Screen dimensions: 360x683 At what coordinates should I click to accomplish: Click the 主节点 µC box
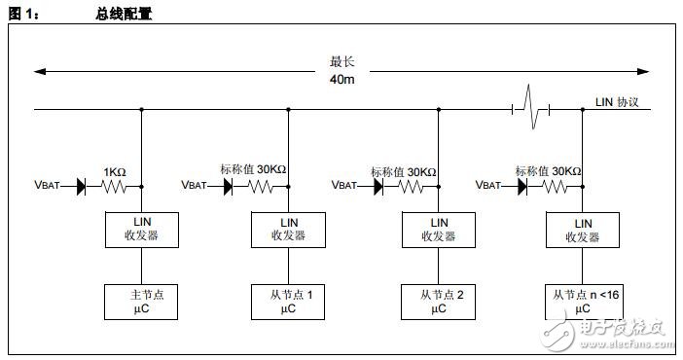(141, 300)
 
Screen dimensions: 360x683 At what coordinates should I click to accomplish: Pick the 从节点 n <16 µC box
(583, 300)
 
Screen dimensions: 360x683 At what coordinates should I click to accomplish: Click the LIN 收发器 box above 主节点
(141, 229)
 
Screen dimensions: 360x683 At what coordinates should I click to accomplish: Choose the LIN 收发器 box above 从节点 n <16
(583, 229)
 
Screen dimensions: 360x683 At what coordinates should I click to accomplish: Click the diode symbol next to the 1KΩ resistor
(82, 183)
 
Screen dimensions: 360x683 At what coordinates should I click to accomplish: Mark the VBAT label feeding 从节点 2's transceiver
(346, 184)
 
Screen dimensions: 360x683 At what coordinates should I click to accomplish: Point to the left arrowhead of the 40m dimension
(39, 71)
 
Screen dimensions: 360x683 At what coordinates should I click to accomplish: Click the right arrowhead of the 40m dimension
(645, 71)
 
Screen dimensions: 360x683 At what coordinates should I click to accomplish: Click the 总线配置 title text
(125, 13)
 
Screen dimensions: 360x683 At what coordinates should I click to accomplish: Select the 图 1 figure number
(25, 13)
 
